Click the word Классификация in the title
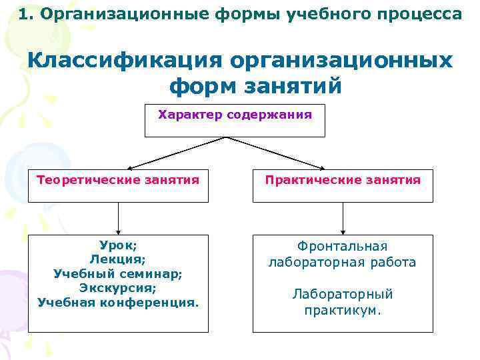coord(124,61)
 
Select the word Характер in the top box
coord(190,115)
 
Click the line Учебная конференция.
coord(118,303)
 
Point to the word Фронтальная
coord(342,247)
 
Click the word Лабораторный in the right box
coord(342,294)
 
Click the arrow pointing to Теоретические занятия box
coord(176,153)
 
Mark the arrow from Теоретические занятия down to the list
coord(118,219)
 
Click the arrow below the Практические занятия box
coord(343,219)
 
